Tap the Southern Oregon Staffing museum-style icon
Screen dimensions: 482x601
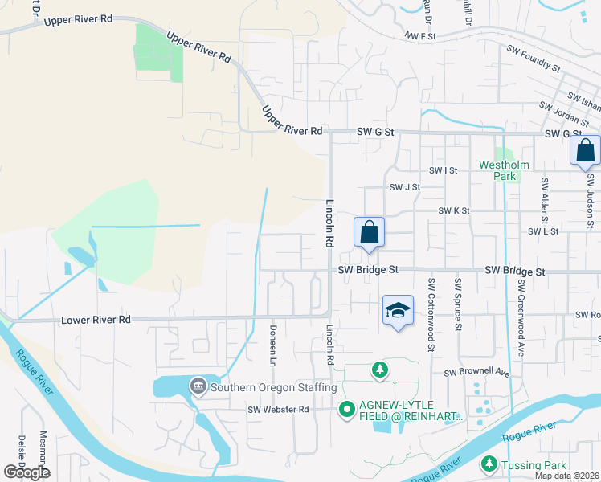198,387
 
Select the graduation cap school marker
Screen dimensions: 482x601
398,310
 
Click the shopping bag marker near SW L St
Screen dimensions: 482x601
369,232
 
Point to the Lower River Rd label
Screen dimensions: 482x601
96,320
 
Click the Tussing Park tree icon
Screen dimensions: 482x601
489,464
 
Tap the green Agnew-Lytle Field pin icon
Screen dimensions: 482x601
347,410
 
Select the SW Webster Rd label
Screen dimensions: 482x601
278,410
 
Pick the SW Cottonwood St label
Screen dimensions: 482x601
431,315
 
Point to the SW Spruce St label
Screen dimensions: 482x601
458,304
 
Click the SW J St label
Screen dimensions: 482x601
405,187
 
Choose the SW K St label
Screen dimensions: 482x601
453,210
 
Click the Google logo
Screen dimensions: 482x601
27,472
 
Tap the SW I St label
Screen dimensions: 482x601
443,170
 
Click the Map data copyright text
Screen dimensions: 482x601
567,476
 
